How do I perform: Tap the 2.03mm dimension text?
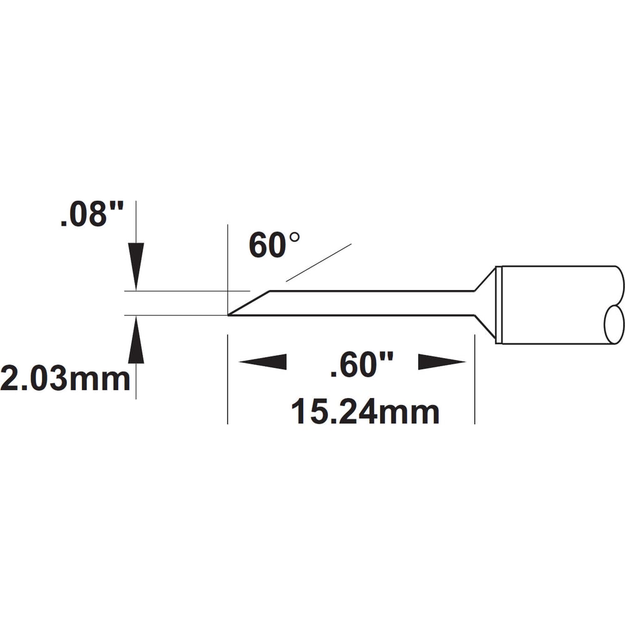65,379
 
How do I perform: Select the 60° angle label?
274,244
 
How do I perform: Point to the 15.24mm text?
365,412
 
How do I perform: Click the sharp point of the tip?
229,314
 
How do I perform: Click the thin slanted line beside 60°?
319,262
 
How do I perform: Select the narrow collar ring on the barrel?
498,305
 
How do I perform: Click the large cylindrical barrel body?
550,305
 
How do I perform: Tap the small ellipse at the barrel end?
614,324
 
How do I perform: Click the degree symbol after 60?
294,238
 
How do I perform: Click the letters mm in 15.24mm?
417,412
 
